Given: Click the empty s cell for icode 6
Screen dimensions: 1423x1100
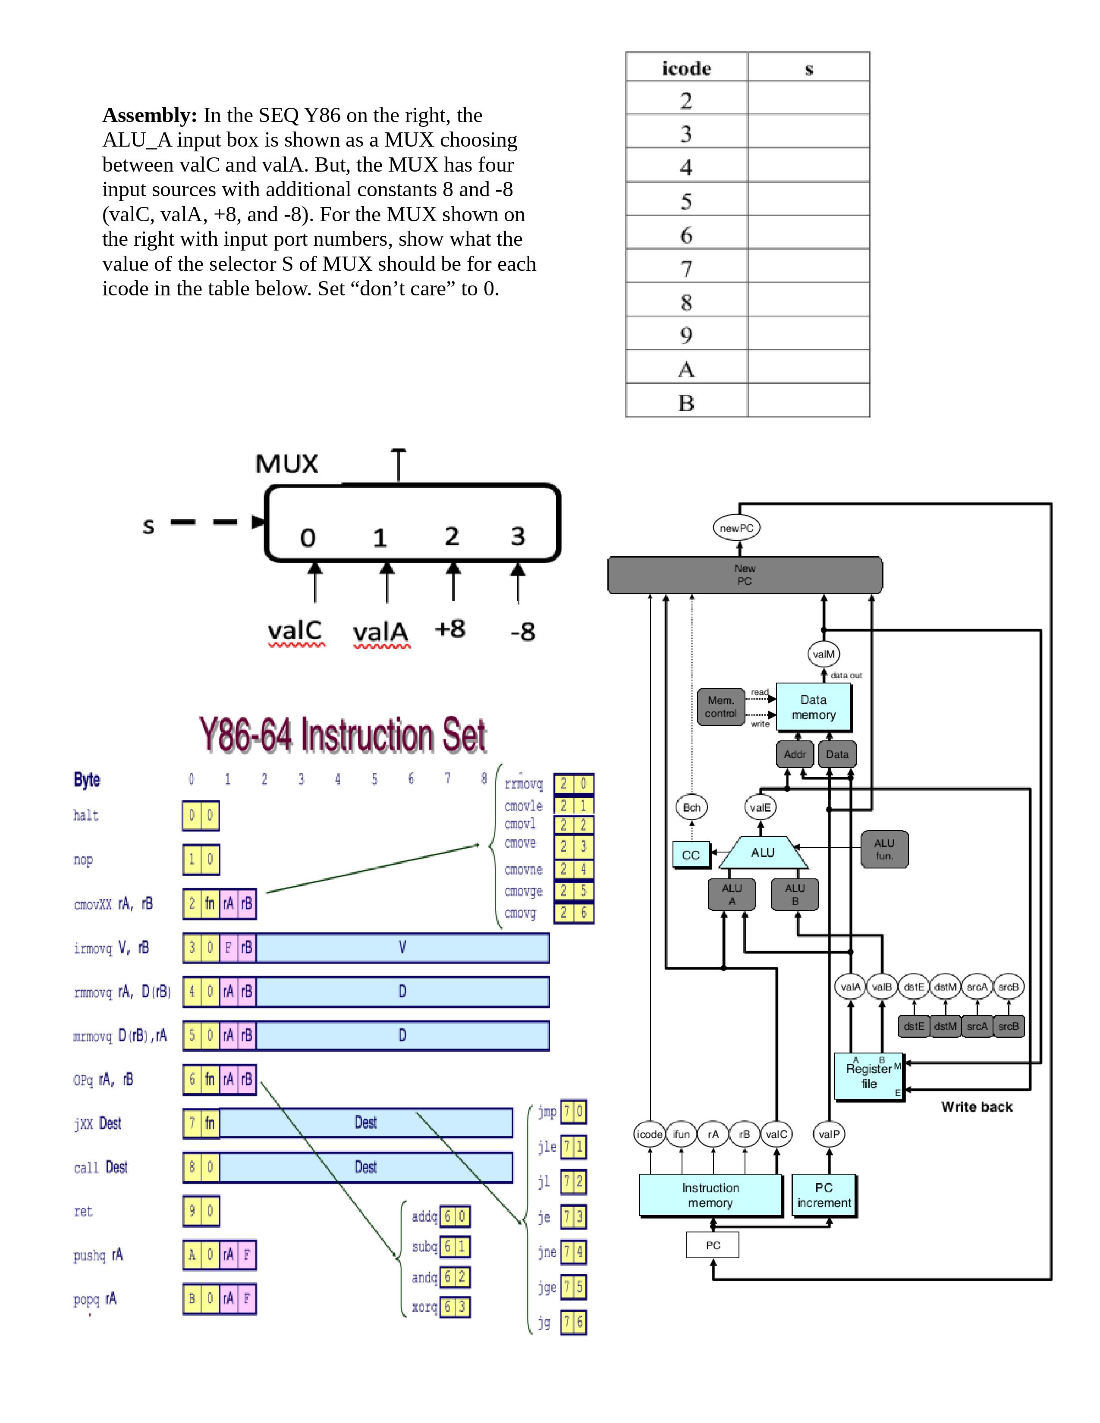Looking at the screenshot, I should click(808, 232).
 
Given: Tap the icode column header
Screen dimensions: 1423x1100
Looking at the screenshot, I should click(686, 68).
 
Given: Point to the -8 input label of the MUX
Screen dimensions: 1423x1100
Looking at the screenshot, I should click(523, 631).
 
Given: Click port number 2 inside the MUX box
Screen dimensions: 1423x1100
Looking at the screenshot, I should click(452, 536).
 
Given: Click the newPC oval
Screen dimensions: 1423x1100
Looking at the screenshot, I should click(736, 528).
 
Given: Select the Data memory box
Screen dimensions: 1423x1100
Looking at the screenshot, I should click(813, 707).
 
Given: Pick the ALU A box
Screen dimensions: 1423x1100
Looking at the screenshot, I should click(731, 894).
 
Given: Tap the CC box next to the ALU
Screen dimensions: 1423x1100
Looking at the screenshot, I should click(691, 855).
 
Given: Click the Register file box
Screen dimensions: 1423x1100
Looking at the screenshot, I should click(869, 1076).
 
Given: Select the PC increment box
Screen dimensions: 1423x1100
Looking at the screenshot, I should click(823, 1195).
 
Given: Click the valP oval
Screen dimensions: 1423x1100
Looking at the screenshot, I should click(829, 1135).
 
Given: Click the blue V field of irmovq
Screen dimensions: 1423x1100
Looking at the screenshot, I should click(402, 948).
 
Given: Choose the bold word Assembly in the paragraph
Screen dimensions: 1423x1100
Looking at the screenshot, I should click(149, 115).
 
